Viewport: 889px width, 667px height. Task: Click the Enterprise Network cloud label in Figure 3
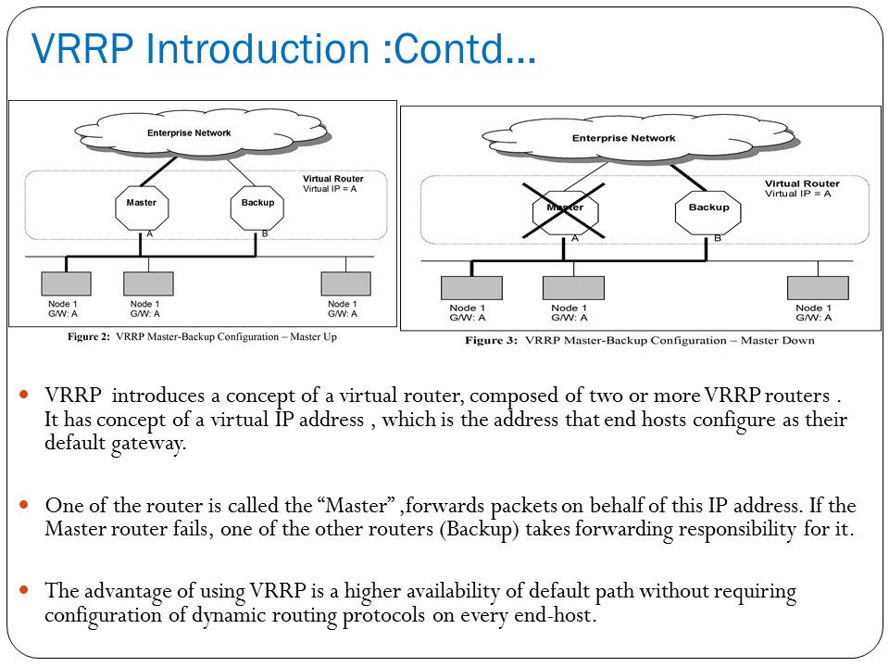[623, 139]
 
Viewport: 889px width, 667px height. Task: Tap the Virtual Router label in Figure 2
[333, 178]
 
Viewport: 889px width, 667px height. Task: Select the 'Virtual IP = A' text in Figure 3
[797, 195]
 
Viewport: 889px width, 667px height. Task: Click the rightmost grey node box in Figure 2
[345, 283]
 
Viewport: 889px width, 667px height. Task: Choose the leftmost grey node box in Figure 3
[471, 288]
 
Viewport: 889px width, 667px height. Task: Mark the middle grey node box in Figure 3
[572, 288]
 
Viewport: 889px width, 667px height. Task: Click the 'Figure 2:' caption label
[90, 337]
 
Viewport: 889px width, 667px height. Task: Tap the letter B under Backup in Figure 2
[265, 234]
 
